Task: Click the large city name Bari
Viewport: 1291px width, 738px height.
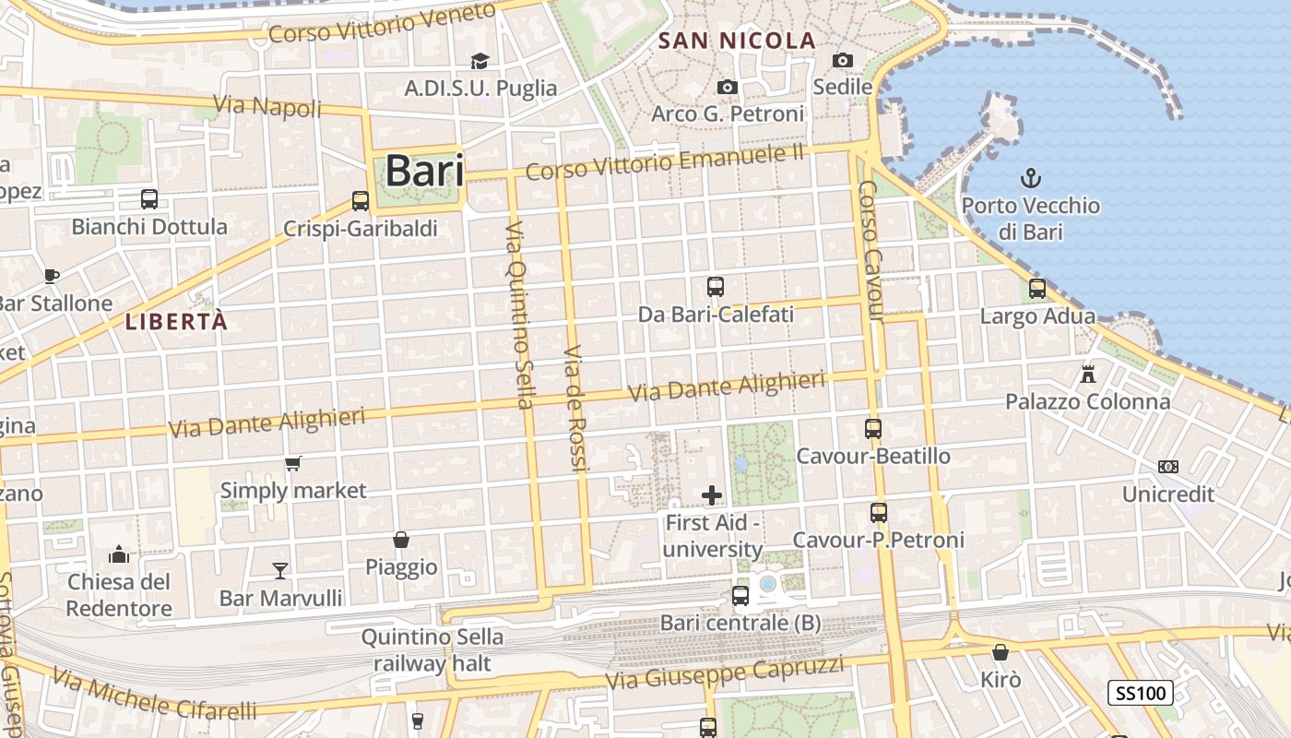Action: point(423,171)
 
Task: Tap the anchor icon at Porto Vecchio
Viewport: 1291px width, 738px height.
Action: point(1030,178)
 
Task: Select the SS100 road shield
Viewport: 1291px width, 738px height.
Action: point(1140,692)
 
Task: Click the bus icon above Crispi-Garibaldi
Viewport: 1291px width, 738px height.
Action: point(361,200)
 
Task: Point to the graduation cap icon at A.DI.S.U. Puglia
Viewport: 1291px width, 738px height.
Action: point(480,61)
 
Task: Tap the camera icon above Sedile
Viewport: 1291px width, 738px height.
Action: point(842,60)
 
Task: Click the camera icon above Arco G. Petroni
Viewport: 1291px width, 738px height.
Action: point(728,87)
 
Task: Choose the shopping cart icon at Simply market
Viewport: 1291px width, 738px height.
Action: point(293,463)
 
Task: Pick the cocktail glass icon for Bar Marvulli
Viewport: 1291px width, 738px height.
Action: point(280,571)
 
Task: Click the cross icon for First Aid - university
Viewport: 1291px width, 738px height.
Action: point(712,495)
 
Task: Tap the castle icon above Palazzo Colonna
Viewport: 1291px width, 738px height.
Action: point(1088,375)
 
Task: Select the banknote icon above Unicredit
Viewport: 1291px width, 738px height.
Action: point(1168,467)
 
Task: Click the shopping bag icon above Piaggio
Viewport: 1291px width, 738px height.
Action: point(401,539)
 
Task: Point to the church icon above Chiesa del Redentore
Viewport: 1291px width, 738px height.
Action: point(119,554)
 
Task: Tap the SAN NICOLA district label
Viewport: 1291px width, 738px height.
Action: point(738,41)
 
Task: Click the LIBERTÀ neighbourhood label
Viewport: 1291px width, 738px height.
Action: point(175,322)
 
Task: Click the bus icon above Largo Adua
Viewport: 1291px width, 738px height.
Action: point(1037,289)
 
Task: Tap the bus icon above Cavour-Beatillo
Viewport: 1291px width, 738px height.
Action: point(873,429)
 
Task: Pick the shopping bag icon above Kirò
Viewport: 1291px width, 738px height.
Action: point(1001,653)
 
